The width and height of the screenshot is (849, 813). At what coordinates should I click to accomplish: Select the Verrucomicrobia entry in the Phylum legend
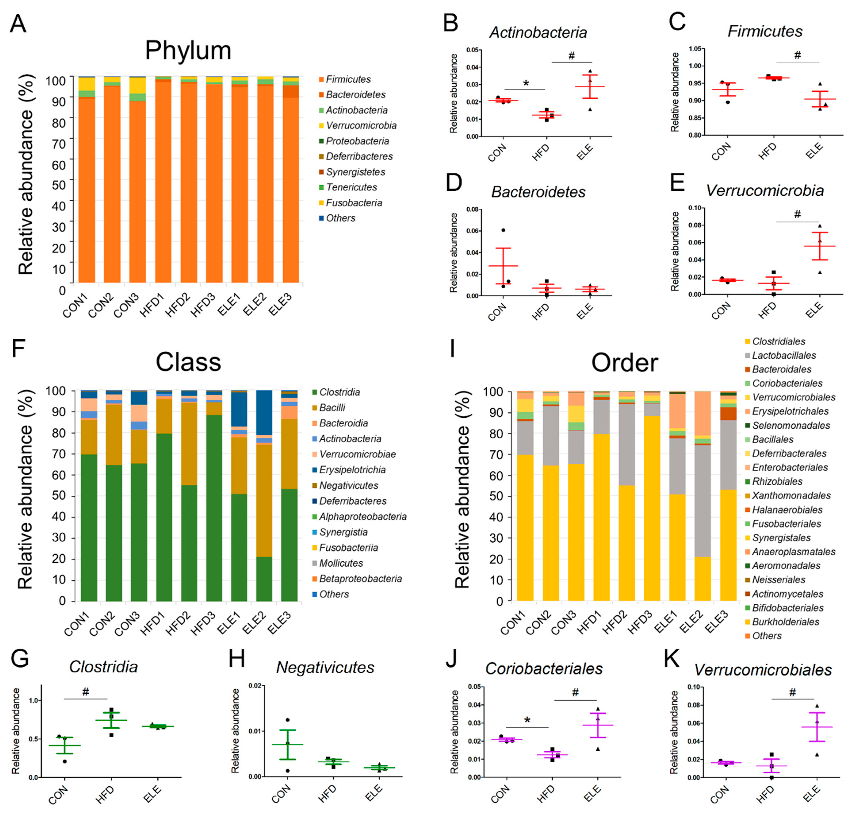[x=361, y=126]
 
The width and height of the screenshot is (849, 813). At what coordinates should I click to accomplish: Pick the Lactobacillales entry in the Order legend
[x=784, y=355]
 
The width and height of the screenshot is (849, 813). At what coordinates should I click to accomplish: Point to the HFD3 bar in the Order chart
[x=652, y=496]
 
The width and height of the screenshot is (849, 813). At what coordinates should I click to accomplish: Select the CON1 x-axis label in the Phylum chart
[x=75, y=305]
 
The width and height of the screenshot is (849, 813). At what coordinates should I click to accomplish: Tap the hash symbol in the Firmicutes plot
[x=797, y=55]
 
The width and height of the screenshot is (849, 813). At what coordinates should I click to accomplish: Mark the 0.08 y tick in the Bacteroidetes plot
[x=472, y=209]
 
